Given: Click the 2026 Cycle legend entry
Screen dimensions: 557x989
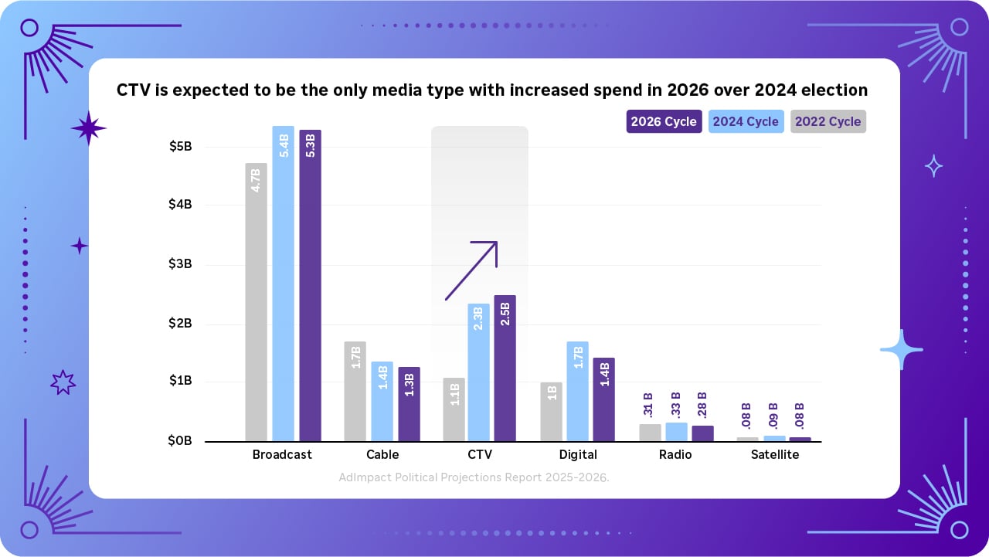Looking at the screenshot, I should tap(664, 122).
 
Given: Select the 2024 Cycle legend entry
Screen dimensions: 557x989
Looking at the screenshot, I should tap(746, 122).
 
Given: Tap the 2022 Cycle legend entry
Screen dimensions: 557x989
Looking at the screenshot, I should tap(828, 122).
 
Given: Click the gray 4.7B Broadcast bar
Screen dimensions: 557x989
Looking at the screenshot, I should tap(256, 301).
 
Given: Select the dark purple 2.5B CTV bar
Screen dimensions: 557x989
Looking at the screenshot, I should tap(505, 368).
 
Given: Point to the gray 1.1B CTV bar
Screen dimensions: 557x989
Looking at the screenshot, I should tap(454, 409).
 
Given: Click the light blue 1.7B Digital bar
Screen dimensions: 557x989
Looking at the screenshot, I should tap(577, 391).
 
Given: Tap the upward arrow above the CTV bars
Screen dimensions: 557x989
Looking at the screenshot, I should tap(471, 270).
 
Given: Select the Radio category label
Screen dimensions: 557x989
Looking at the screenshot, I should tap(675, 455).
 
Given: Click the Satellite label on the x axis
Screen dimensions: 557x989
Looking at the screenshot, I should tap(775, 455).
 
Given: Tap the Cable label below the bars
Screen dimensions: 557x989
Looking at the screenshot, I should tap(382, 455).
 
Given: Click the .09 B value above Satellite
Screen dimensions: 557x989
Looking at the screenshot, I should tap(775, 416).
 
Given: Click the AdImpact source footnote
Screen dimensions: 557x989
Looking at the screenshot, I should tap(474, 477).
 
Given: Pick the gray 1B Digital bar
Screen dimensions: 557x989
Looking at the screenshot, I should tap(551, 412).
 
